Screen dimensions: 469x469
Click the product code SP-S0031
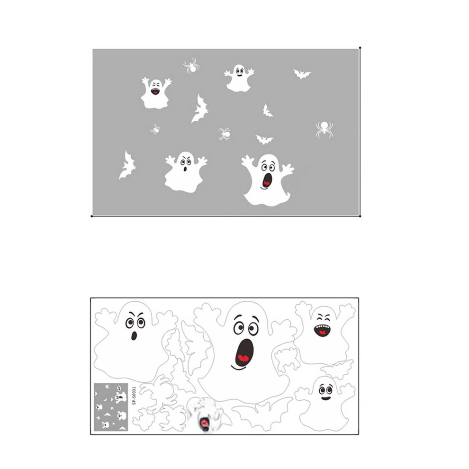tap(134, 396)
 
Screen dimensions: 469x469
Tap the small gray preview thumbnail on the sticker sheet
tap(111, 407)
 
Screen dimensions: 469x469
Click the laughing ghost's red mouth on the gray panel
tap(155, 91)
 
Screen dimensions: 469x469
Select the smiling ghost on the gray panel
tap(239, 78)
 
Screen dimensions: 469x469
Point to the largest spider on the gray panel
tap(324, 129)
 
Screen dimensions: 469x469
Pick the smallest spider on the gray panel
tap(155, 129)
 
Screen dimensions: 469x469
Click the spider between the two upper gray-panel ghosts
tap(191, 66)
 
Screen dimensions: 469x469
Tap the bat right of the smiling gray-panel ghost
tap(302, 73)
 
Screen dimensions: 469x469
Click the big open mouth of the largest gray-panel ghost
tap(267, 180)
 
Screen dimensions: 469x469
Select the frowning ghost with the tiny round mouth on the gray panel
tap(185, 172)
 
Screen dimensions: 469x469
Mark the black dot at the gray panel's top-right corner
tap(360, 48)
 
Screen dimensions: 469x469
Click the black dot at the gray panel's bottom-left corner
tap(91, 216)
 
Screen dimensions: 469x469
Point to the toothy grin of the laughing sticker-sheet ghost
tap(322, 330)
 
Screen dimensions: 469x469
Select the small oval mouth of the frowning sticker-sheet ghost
tap(134, 336)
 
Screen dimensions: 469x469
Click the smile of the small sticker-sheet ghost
tap(326, 398)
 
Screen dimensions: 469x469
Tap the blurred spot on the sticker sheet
tap(205, 415)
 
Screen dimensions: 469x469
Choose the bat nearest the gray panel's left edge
tap(127, 165)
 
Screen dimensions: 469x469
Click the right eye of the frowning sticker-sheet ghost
tap(141, 323)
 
